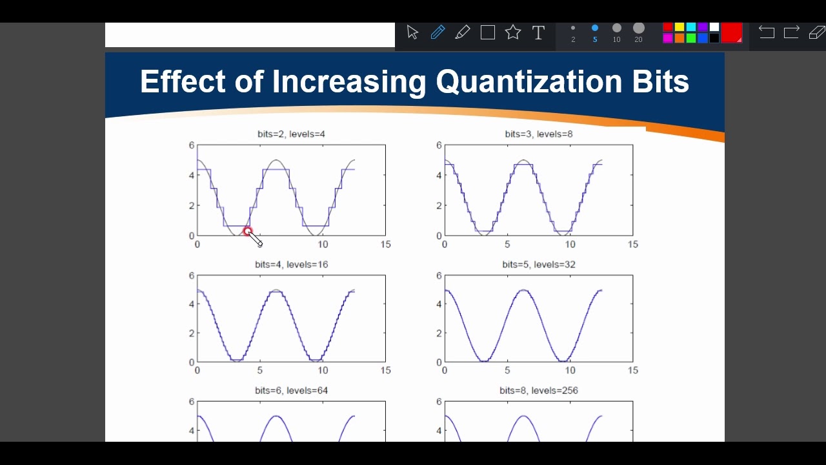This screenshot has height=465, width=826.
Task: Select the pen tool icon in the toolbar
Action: point(438,32)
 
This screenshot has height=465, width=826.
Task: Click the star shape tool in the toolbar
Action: point(513,32)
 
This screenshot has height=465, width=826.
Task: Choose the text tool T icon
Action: point(538,33)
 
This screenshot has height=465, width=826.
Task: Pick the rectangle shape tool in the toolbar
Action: point(488,32)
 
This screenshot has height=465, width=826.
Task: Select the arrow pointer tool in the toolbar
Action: point(413,32)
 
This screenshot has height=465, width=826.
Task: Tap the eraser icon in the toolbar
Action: point(816,32)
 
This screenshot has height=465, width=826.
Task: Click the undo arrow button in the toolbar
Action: point(766,32)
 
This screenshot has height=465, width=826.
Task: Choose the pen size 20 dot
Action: point(639,28)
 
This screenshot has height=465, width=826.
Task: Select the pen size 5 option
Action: point(595,28)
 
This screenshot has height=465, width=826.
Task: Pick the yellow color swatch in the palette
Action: point(680,27)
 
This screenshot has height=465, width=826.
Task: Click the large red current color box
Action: point(731,32)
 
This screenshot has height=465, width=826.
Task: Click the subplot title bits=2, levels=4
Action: point(291,134)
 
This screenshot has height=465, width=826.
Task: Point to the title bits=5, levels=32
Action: point(539,265)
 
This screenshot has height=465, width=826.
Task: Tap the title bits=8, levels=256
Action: point(539,391)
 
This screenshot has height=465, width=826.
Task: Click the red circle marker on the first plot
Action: point(248,231)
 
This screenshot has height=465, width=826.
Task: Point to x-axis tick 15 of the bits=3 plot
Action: point(632,245)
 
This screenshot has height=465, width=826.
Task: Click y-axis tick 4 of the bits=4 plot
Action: point(191,304)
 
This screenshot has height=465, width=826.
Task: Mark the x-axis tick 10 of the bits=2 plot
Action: point(323,245)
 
